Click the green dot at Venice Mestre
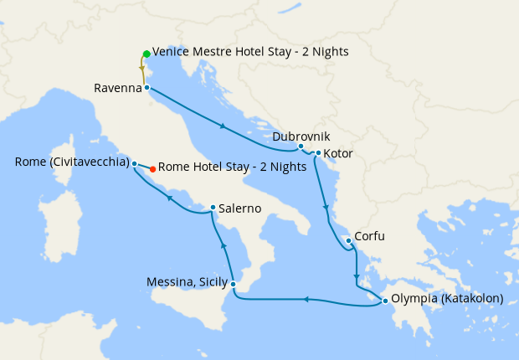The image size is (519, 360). point(146,54)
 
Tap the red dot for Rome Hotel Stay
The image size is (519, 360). point(152,169)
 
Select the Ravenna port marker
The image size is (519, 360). point(146,87)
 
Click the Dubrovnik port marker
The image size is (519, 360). point(301,147)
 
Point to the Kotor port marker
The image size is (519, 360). point(318,153)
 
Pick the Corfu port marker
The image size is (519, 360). point(348,240)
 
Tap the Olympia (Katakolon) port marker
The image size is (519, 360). point(384,301)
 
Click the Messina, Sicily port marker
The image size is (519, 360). point(234,285)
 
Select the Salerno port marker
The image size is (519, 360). point(213,208)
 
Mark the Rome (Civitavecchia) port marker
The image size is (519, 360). point(134,164)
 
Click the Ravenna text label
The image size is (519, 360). point(117,87)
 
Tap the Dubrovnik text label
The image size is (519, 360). point(302,136)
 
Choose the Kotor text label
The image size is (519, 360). point(338,154)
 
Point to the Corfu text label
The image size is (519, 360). point(370,237)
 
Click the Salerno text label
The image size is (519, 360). point(242,208)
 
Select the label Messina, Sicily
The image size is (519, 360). point(186,282)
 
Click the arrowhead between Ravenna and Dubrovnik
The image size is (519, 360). point(222,126)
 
